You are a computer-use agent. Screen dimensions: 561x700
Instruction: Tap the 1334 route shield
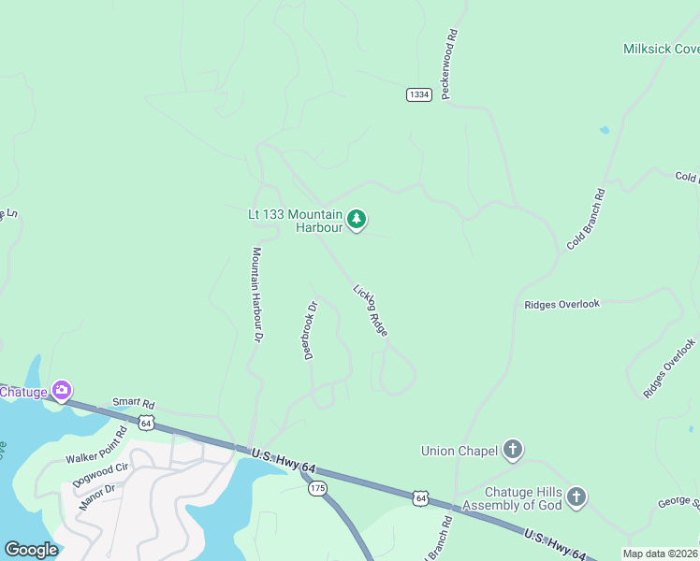point(419,94)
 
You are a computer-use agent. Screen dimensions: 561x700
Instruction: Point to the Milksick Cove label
point(661,49)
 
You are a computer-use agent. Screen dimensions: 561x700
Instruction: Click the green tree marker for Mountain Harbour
point(357,220)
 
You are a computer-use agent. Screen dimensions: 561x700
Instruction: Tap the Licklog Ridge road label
point(371,310)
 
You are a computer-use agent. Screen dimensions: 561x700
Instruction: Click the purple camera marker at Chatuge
point(62,390)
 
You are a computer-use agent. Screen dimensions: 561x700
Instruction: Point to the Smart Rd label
point(132,402)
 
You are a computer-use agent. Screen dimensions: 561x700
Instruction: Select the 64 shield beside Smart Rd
point(146,423)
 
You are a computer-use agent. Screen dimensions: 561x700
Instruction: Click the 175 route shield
point(318,488)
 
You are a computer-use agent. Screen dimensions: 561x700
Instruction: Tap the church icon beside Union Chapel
point(513,451)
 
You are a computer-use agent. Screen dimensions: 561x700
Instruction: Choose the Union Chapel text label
point(459,451)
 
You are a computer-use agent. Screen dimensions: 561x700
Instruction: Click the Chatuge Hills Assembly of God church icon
point(576,497)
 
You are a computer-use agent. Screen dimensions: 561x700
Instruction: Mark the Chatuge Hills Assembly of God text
point(522,498)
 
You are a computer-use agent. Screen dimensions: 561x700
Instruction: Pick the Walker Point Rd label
point(95,451)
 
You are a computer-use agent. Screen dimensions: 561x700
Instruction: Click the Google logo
point(31,550)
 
